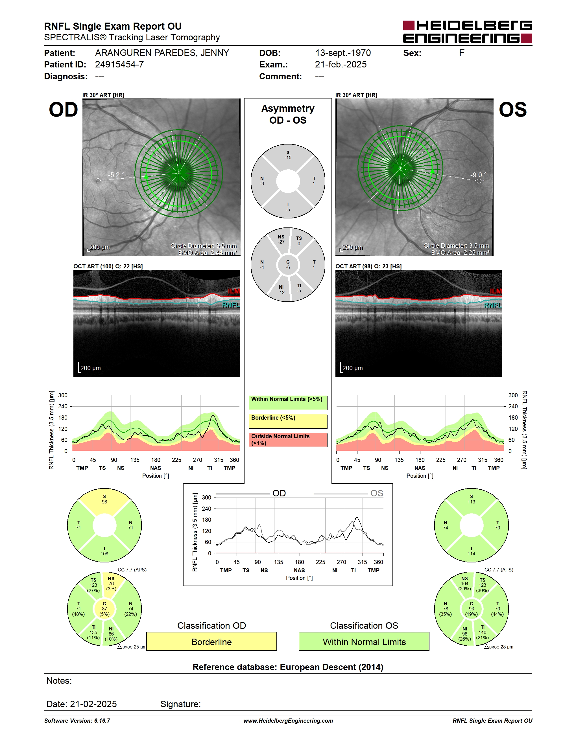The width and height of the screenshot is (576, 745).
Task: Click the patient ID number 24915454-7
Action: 119,64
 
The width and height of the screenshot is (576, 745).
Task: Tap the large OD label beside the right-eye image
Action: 64,110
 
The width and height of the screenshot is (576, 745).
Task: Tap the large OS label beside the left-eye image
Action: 512,110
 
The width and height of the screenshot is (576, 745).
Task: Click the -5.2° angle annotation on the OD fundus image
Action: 116,175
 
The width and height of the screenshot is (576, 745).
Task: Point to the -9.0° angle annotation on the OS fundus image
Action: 478,175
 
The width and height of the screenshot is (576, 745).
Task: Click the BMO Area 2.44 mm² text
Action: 207,253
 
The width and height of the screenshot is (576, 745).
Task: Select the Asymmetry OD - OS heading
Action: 288,114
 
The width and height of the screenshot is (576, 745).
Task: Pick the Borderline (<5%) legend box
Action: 288,421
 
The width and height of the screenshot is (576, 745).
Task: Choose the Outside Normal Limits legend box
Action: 288,440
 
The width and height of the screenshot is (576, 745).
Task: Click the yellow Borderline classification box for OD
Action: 211,642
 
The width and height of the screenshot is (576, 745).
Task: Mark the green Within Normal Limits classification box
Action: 364,642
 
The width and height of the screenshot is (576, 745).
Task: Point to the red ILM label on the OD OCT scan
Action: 234,291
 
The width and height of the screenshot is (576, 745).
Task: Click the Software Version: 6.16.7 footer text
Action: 77,721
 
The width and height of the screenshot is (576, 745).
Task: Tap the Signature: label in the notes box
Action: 180,704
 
